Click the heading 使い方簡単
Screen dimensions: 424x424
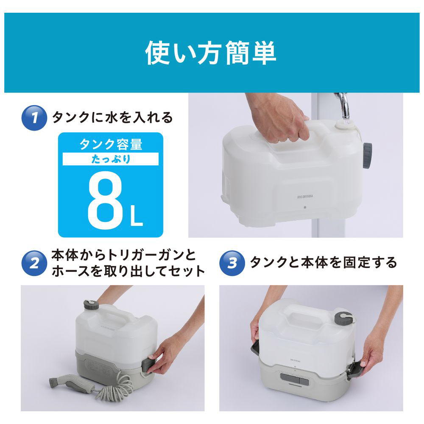click(x=211, y=53)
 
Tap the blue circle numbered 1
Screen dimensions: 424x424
click(x=34, y=118)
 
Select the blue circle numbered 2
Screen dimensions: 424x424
click(x=34, y=263)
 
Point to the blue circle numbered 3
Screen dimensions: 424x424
click(x=232, y=263)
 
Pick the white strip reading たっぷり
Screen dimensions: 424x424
click(x=111, y=159)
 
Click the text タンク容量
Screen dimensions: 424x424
click(x=111, y=144)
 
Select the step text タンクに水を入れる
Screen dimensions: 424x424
click(x=112, y=117)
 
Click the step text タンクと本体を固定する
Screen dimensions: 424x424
click(x=323, y=262)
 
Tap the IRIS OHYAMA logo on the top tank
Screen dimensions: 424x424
click(x=305, y=197)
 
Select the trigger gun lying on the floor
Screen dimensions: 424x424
click(x=72, y=384)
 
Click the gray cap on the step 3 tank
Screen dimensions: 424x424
click(x=343, y=318)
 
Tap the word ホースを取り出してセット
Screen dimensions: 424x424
click(x=128, y=271)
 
